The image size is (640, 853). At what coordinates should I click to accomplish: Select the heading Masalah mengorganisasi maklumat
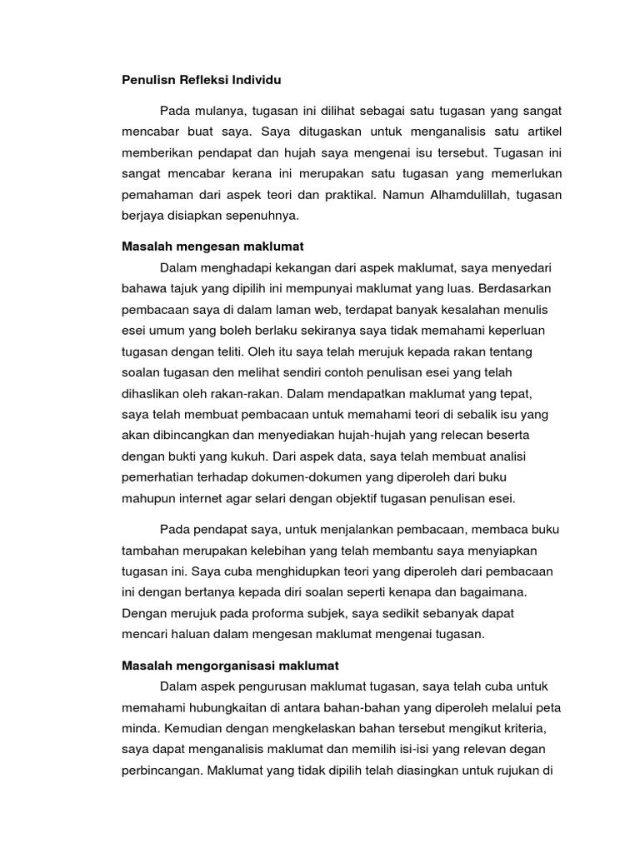230,666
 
